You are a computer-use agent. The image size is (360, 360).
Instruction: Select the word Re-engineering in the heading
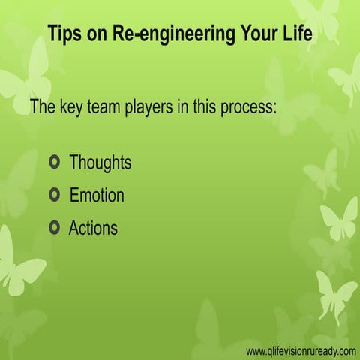coord(157,35)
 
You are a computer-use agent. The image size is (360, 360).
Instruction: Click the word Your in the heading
coord(249,34)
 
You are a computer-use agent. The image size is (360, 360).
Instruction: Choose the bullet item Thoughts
coord(100,162)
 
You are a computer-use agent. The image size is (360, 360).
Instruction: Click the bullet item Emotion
coord(97,196)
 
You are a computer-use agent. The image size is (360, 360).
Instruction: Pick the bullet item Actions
coord(93,228)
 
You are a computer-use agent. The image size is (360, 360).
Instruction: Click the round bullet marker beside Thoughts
coord(53,162)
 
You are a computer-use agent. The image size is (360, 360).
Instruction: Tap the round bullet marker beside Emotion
coord(53,196)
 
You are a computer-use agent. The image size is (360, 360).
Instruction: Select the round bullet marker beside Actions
coord(53,228)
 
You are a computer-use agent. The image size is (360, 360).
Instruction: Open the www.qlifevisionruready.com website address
coord(300,351)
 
